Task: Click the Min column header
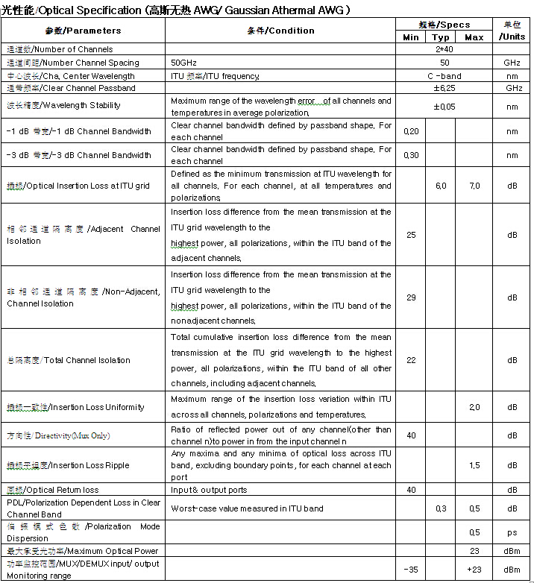tap(410, 37)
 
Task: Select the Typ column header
tap(441, 37)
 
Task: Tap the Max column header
tap(474, 37)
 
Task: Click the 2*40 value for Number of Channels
tap(445, 49)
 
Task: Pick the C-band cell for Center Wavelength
tap(445, 75)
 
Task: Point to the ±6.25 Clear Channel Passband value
tap(445, 88)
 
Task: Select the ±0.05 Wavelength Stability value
tap(445, 106)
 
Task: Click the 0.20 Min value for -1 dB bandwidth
tap(410, 131)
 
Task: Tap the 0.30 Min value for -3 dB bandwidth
tap(410, 156)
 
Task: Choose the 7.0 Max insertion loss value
tap(474, 186)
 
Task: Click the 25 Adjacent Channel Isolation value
tap(410, 235)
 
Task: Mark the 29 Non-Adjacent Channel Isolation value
tap(410, 297)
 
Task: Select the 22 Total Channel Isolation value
tap(410, 360)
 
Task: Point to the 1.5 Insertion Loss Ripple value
tap(474, 465)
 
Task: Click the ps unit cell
tap(512, 532)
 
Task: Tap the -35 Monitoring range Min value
tap(410, 570)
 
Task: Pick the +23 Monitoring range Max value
tap(474, 570)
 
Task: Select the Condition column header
tap(280, 31)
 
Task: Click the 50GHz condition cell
tap(186, 63)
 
